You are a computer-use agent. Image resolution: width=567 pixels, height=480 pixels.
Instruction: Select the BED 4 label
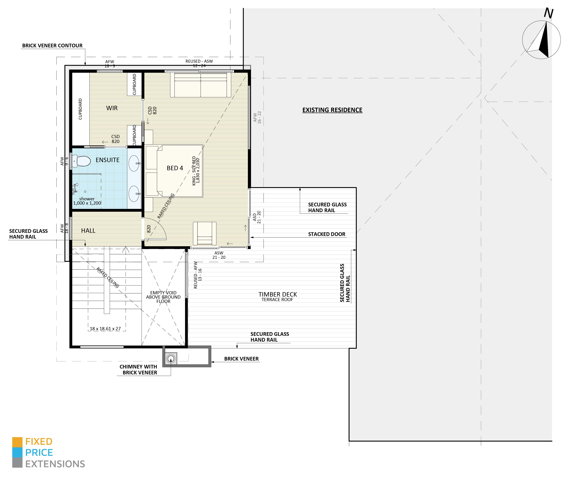[175, 168]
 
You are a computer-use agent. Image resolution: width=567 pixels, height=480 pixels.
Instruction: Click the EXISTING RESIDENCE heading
[332, 110]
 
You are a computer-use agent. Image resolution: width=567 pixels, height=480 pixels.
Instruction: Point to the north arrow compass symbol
[541, 40]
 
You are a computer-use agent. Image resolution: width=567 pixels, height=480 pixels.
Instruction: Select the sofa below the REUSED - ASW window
[201, 85]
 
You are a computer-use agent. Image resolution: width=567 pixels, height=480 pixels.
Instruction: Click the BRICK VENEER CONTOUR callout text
[52, 45]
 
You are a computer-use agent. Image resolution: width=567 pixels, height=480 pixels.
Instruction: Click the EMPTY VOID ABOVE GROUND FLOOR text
[163, 297]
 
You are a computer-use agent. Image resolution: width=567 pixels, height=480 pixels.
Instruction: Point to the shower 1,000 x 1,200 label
[87, 201]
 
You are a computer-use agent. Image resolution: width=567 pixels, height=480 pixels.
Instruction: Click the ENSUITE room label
[108, 160]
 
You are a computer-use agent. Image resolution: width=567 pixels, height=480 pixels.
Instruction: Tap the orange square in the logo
[17, 442]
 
